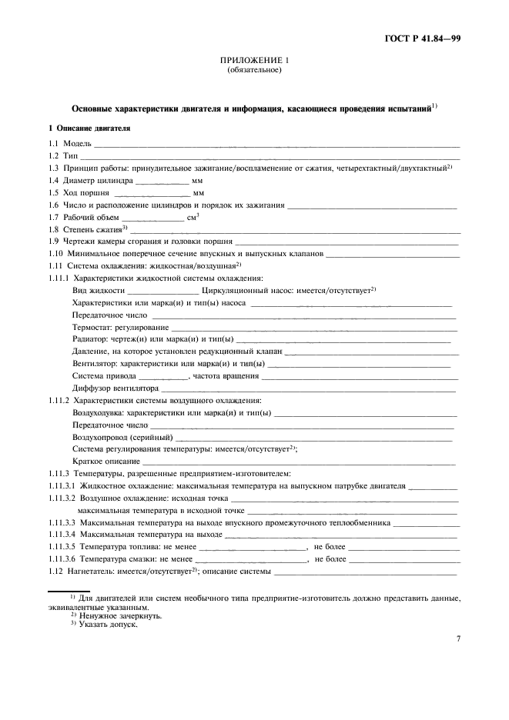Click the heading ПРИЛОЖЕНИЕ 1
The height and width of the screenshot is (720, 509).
point(254,60)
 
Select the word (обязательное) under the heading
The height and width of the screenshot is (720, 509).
point(254,70)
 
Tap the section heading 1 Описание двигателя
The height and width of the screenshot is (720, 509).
point(90,127)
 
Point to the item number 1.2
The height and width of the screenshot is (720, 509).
point(54,155)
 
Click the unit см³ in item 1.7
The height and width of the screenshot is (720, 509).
point(193,218)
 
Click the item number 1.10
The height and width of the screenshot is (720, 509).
point(56,253)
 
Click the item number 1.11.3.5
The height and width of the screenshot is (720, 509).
point(62,546)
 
